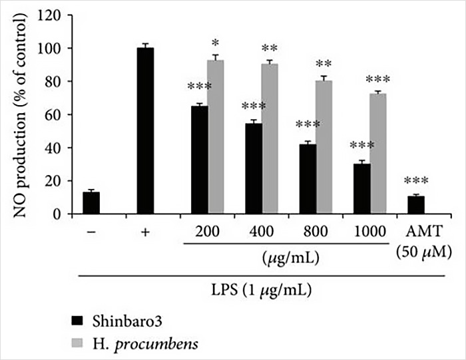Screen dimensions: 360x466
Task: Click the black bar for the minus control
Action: coord(91,203)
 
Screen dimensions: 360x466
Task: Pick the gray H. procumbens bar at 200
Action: coord(216,137)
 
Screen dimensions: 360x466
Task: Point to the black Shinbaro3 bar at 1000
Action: coord(361,188)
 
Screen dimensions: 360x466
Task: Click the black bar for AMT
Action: coord(416,205)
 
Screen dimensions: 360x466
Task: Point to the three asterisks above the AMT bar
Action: coord(416,181)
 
